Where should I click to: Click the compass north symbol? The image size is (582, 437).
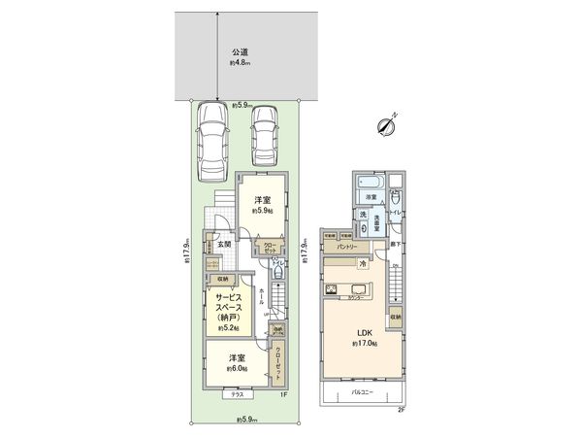click(389, 123)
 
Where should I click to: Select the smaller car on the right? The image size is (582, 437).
click(264, 136)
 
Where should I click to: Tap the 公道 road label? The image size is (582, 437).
click(240, 52)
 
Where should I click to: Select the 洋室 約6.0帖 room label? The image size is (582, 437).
click(237, 362)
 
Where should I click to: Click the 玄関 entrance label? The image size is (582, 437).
click(224, 244)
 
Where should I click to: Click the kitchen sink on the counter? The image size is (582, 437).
click(332, 289)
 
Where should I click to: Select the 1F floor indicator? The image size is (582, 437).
click(284, 394)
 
